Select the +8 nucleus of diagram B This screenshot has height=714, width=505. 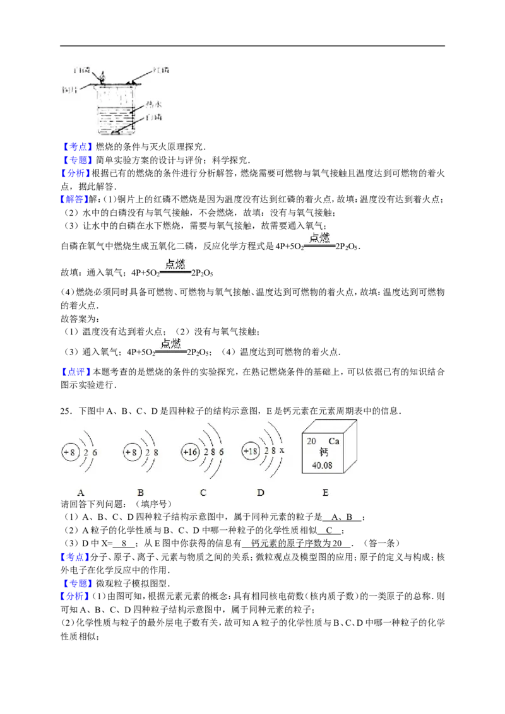[x=131, y=453]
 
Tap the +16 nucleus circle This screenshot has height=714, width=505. [x=190, y=453]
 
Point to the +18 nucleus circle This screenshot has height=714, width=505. [x=251, y=452]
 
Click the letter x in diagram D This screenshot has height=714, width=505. [x=282, y=450]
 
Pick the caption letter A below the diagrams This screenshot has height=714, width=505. [x=80, y=493]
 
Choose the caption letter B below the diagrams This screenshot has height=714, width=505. [x=140, y=493]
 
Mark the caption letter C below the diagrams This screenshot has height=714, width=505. [x=203, y=493]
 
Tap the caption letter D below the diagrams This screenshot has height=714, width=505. [x=260, y=493]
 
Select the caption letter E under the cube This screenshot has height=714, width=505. [x=325, y=493]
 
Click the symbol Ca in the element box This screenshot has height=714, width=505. [x=334, y=442]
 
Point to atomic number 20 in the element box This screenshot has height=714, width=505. [x=312, y=442]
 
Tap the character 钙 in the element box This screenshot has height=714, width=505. [x=324, y=453]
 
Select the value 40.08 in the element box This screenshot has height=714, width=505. [x=322, y=465]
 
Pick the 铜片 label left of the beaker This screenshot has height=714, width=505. [x=70, y=89]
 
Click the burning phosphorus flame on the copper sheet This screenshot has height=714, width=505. [x=104, y=76]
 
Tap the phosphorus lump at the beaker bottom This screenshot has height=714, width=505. [x=116, y=133]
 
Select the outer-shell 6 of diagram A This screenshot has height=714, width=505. [x=95, y=453]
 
